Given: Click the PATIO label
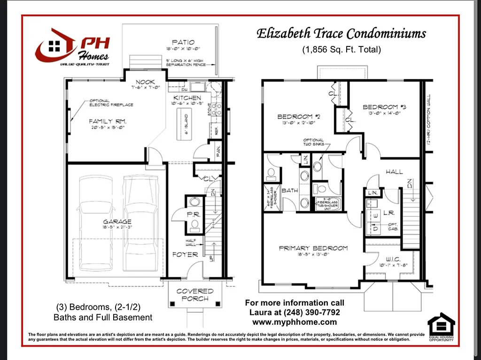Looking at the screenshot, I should tap(183, 42).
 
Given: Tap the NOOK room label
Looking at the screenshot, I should tap(146, 82).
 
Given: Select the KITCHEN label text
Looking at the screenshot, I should tap(187, 98).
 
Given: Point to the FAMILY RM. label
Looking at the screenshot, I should tap(108, 121).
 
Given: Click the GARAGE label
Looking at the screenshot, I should tap(117, 222).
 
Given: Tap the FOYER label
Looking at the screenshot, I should tap(185, 254).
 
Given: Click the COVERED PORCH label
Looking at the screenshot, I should tap(195, 295).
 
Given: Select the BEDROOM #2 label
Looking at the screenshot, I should tap(299, 116).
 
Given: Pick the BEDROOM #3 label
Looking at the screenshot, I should tap(384, 107).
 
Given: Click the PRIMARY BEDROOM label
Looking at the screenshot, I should tap(313, 248).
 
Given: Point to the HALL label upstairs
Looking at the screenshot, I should tap(394, 172).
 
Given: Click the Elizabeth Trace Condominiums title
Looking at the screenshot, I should tap(341, 34).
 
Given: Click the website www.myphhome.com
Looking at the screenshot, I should tap(295, 322).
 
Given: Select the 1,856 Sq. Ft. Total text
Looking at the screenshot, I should tap(341, 49).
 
